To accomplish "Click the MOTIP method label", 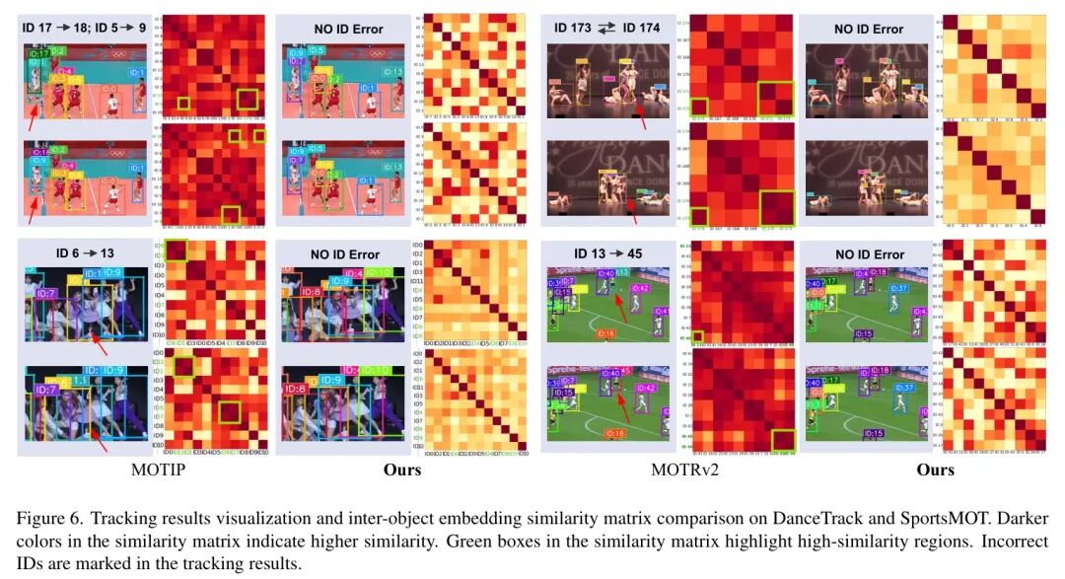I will (159, 470).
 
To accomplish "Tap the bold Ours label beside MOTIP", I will (401, 470).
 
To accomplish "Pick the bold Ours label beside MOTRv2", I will (935, 470).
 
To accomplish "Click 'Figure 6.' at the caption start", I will (44, 517).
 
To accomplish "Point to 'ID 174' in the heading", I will (642, 30).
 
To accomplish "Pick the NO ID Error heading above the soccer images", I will (868, 254).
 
